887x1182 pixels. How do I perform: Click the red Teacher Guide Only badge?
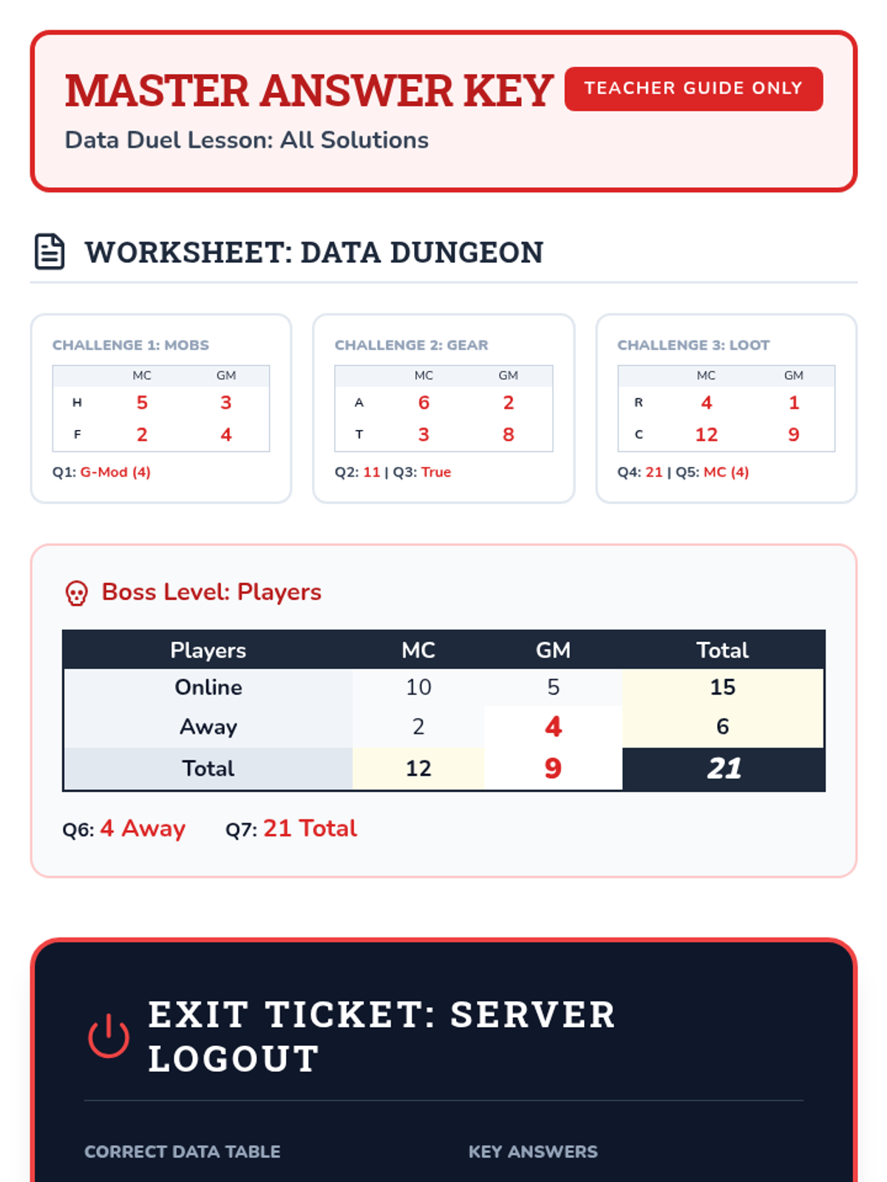point(693,89)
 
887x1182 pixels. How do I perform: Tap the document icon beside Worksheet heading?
point(50,251)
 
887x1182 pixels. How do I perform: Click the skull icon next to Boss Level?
point(76,593)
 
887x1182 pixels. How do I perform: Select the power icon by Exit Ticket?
point(109,1036)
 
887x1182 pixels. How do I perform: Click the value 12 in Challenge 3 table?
point(706,434)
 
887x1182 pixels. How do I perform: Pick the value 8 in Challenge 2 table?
point(508,434)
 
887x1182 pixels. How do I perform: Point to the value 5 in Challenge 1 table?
point(142,403)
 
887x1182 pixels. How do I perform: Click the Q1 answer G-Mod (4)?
point(115,472)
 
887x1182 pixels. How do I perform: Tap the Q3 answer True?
point(435,472)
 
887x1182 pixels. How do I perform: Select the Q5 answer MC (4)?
point(726,472)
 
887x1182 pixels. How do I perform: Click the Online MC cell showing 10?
point(418,687)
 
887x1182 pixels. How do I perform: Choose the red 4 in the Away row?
point(553,726)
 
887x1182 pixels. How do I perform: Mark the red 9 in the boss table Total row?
point(553,768)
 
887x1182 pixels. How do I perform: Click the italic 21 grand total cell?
point(724,768)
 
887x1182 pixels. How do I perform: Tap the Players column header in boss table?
point(208,651)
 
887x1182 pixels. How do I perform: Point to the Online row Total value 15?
point(723,687)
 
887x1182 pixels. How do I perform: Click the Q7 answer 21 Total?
point(310,828)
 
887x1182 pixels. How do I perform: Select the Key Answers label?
point(533,1151)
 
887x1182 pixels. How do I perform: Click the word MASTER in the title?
point(157,90)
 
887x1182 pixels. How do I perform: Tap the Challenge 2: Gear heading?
point(412,345)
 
